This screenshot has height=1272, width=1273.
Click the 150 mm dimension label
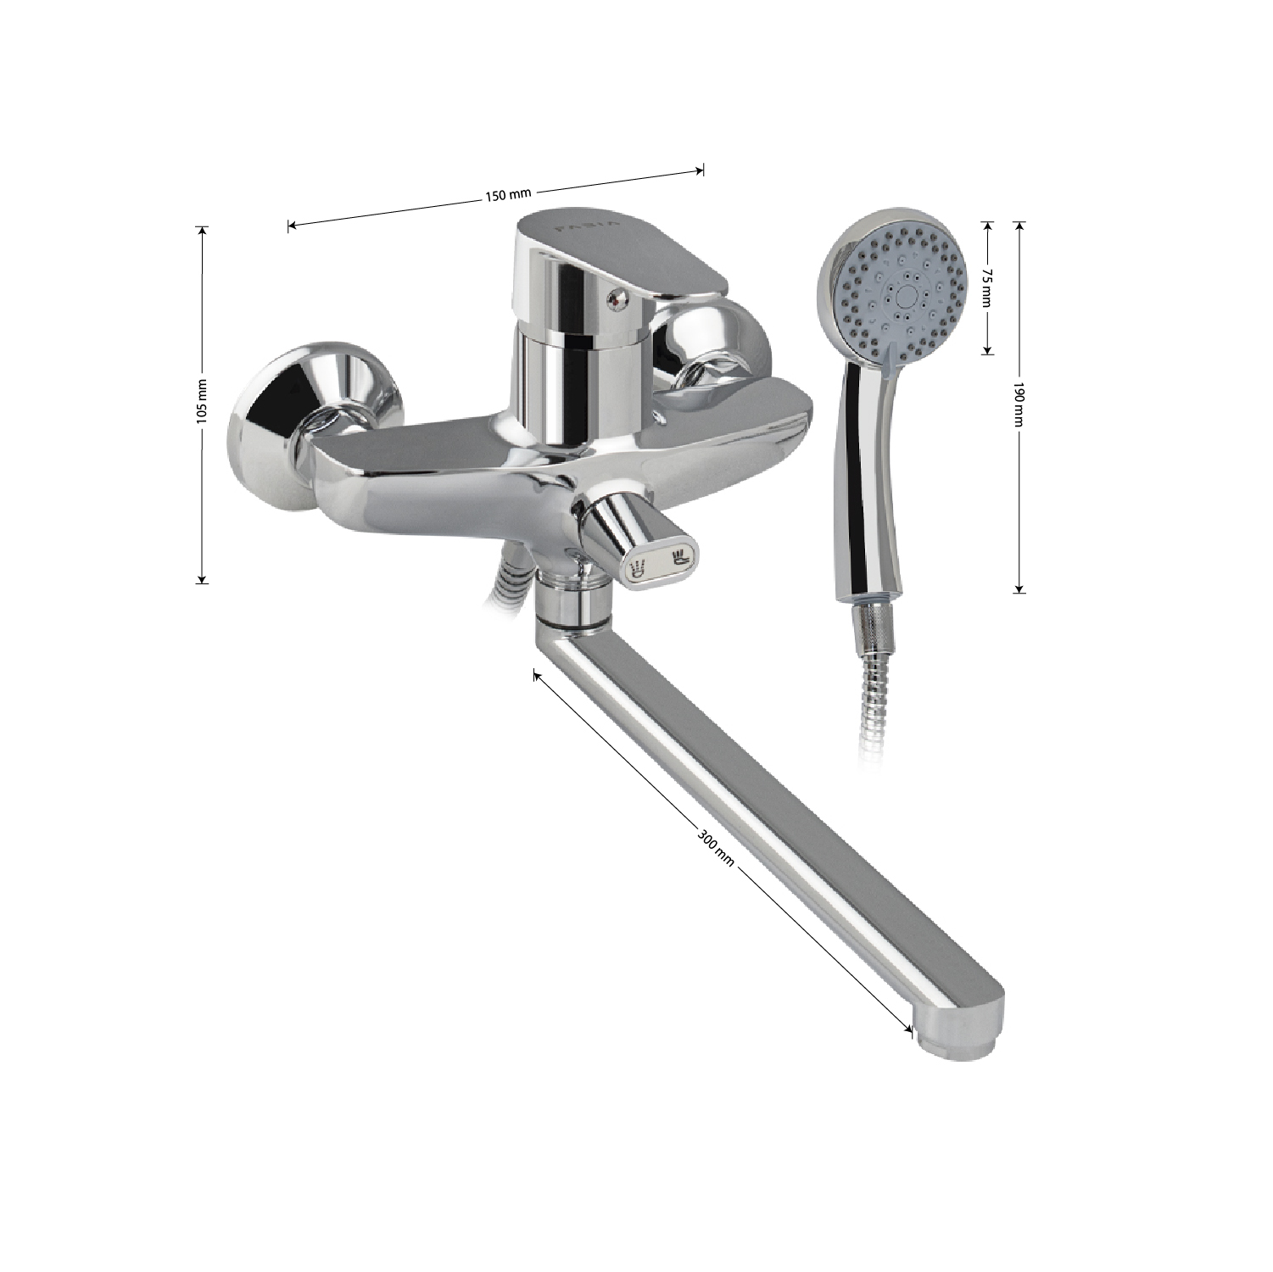pyautogui.click(x=507, y=195)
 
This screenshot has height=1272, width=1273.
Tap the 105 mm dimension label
pyautogui.click(x=201, y=402)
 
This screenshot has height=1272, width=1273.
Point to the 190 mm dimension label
pyautogui.click(x=1019, y=405)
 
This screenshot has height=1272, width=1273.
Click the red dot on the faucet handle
pyautogui.click(x=617, y=296)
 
